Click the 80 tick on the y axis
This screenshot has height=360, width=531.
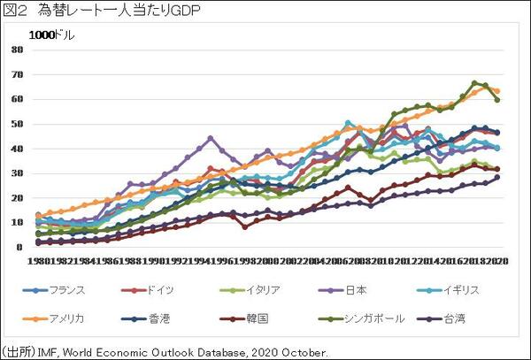[16, 50]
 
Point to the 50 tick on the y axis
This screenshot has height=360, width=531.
[16, 124]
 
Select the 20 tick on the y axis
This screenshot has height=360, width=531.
[16, 198]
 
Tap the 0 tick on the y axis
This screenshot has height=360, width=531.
[19, 248]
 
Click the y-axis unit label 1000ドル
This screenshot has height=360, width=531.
[51, 35]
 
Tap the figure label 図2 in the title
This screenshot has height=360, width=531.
[15, 11]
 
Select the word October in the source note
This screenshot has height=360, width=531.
[304, 351]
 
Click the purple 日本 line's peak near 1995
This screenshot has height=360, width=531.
[211, 138]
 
